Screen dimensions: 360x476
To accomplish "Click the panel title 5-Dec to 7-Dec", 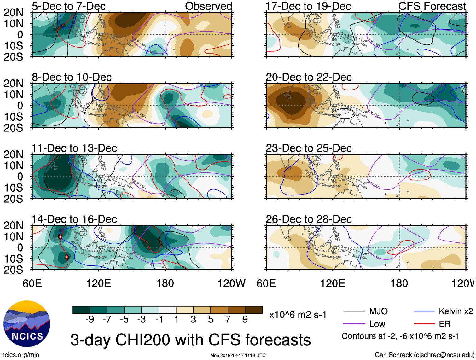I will (x=68, y=6).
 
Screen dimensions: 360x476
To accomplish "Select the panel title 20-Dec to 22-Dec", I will (x=309, y=77).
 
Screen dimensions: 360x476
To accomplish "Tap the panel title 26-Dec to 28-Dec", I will (x=309, y=219).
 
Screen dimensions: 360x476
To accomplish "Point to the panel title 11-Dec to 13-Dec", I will (x=74, y=148).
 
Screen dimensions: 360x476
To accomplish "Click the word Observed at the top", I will (x=208, y=6).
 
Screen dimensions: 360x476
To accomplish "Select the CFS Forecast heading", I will (x=432, y=6).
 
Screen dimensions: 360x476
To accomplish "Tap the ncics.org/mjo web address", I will (x=20, y=355).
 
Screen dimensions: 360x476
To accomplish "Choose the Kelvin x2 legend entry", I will (x=443, y=311).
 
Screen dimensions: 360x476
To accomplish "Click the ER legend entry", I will (x=432, y=324).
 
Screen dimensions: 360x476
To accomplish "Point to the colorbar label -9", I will (x=90, y=319).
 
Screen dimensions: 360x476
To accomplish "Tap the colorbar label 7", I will (x=228, y=319).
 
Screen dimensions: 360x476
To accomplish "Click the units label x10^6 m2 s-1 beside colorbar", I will (x=298, y=315).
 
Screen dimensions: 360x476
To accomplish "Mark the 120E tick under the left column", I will (x=98, y=283).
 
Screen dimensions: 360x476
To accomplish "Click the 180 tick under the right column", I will (x=399, y=283).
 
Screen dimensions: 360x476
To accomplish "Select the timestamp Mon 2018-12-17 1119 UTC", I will (x=238, y=355).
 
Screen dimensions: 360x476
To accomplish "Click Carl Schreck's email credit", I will (x=424, y=355).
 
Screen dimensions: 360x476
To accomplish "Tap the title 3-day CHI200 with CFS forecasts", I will (x=190, y=340).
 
